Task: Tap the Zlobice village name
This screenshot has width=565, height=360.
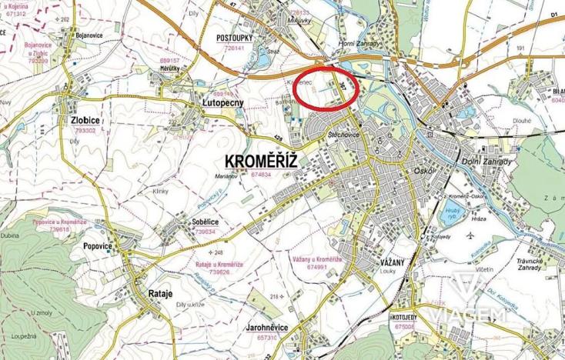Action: point(82,121)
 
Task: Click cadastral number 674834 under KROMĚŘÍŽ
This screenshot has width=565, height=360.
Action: point(262,175)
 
